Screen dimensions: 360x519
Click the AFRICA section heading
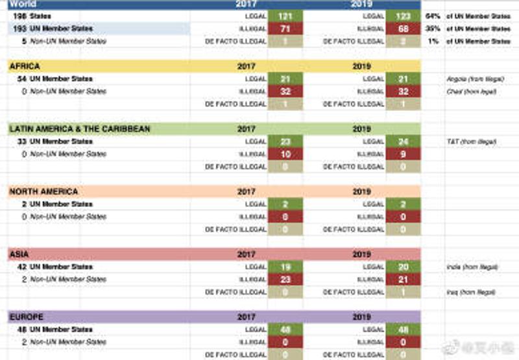point(25,66)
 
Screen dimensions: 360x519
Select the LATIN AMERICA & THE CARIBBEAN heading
point(79,129)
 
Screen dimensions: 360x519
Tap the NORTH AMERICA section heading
point(43,192)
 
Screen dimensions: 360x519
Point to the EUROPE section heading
point(27,317)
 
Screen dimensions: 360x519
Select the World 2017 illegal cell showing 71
point(285,29)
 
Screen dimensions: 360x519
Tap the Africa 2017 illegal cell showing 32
point(285,91)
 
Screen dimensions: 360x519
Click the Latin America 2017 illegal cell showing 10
point(285,154)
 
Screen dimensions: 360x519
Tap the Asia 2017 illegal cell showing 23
point(285,280)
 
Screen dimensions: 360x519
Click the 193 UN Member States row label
point(53,29)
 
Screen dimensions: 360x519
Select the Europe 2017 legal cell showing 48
point(285,330)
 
